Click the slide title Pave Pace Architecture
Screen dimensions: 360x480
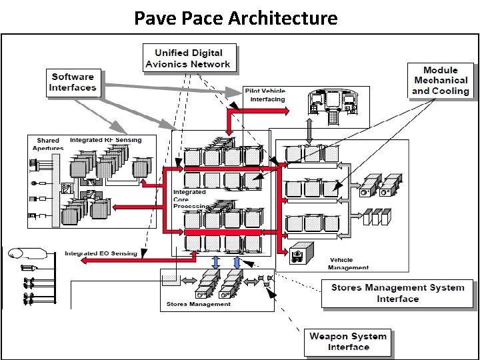[236, 17]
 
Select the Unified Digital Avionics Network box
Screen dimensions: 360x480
[188, 59]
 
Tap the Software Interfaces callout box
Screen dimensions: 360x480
[73, 81]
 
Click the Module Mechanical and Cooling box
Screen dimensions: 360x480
[441, 81]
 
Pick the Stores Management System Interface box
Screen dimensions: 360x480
[397, 293]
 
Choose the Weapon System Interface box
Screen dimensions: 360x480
[348, 341]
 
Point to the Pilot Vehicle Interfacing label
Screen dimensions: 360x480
[265, 94]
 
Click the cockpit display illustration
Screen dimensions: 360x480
[333, 104]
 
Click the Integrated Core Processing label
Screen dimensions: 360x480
[190, 199]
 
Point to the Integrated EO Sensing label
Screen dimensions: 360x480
[101, 253]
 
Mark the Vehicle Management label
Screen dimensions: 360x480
[347, 264]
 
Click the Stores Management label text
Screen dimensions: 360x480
[198, 304]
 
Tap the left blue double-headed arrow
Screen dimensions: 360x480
[216, 262]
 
